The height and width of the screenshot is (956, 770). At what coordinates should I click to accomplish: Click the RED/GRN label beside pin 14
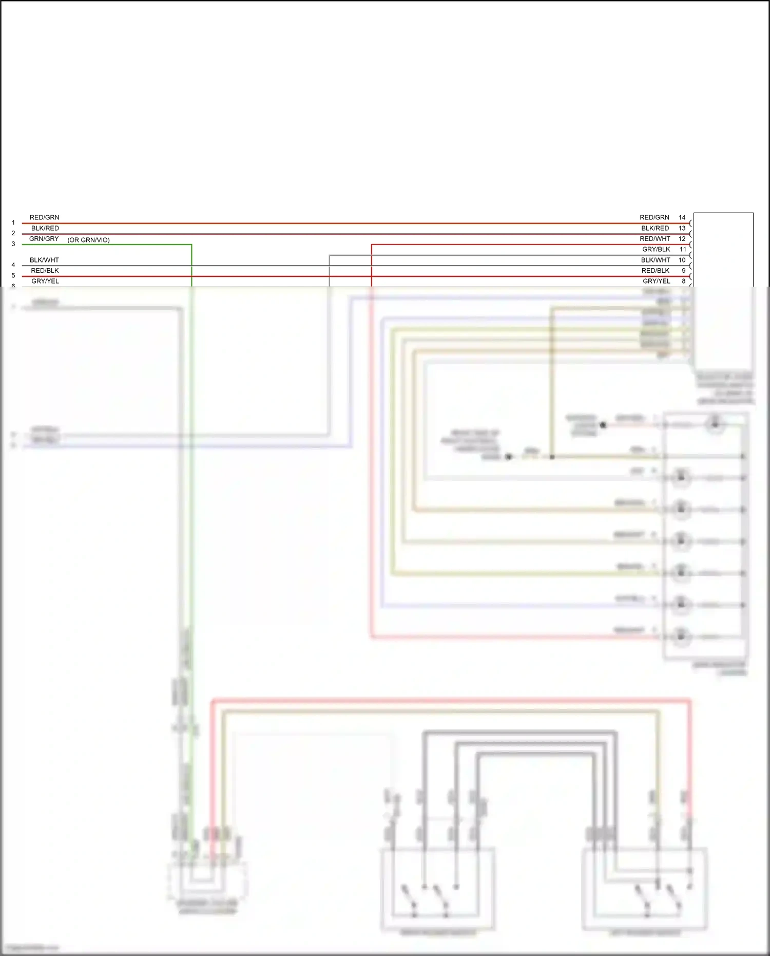654,217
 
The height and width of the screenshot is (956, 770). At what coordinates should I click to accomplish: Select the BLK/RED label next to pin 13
654,228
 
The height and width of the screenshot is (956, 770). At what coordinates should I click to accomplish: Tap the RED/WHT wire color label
654,239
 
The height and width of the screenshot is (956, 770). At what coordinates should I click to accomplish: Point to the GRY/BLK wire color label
656,249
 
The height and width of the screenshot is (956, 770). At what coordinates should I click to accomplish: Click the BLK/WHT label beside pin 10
655,260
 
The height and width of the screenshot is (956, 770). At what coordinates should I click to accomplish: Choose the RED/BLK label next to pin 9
655,271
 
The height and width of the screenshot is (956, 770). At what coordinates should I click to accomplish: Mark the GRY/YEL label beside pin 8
656,281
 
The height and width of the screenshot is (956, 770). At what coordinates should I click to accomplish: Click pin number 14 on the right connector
682,217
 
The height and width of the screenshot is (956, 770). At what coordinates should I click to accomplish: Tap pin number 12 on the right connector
682,239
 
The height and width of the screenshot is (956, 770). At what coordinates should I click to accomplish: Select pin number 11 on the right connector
683,249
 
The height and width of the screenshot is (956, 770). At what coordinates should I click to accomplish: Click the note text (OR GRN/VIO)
88,240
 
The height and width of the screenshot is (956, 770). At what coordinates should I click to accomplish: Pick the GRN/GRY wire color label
44,239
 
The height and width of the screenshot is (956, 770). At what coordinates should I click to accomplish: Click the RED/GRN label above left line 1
44,217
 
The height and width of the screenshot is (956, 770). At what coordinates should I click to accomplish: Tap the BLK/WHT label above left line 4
44,260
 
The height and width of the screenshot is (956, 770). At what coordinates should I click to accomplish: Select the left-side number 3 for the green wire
13,244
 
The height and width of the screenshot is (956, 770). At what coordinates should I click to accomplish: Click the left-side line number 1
13,223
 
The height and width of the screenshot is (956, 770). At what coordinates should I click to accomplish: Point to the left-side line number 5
13,276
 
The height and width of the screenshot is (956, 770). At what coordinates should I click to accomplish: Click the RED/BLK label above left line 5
45,271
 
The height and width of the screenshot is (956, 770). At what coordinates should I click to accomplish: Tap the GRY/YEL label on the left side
45,281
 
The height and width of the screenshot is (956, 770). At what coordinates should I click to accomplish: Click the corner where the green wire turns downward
191,245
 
